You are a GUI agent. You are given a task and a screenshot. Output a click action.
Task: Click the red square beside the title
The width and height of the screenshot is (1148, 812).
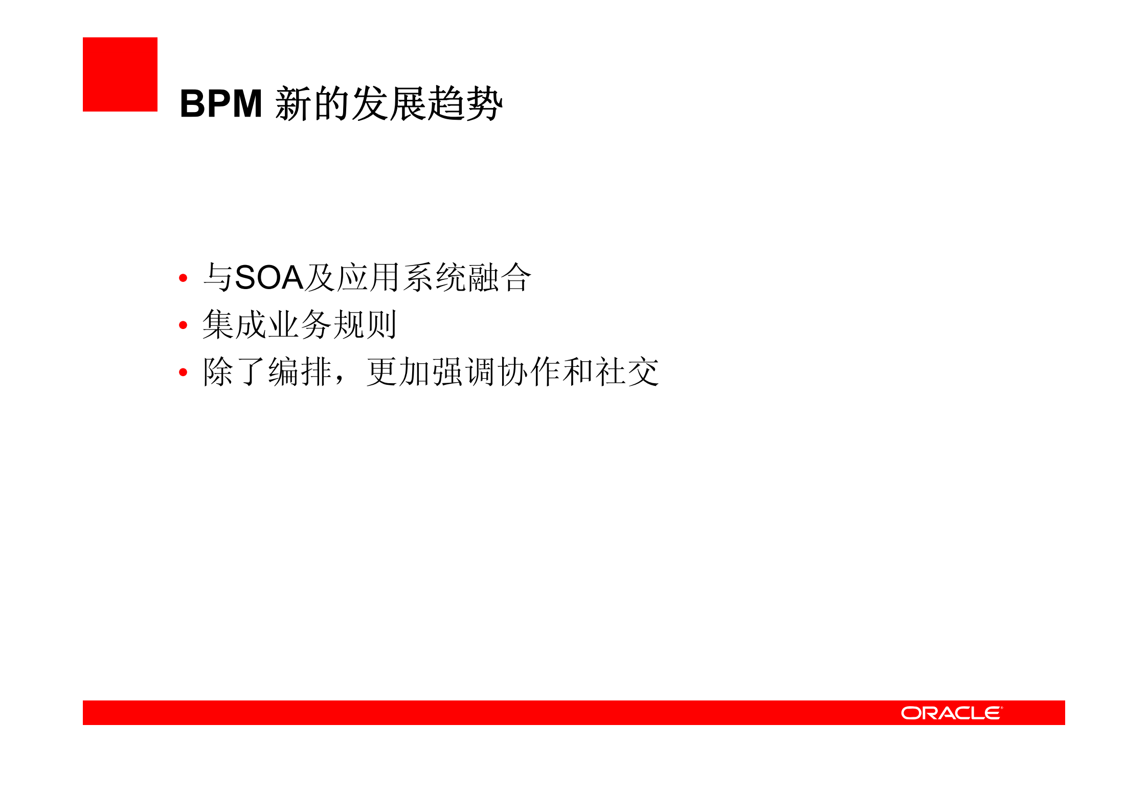pos(120,74)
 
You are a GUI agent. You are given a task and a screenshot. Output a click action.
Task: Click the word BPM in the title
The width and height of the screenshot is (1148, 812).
pos(221,104)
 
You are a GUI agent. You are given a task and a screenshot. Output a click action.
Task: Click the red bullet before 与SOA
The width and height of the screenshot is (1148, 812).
pos(183,278)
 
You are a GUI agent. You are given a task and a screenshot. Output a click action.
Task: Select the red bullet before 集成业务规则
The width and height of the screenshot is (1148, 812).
pos(183,325)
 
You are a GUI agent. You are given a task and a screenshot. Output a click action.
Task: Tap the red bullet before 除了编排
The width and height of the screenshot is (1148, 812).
pos(183,372)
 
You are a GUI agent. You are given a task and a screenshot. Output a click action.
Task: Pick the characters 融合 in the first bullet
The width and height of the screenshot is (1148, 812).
pos(500,278)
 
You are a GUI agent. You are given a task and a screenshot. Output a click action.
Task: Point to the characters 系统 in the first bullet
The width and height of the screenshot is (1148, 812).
pos(434,278)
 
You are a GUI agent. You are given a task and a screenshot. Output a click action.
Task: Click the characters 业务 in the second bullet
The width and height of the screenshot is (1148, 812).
pos(300,325)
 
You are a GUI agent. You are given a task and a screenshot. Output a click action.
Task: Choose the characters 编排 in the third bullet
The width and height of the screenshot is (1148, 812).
pos(300,372)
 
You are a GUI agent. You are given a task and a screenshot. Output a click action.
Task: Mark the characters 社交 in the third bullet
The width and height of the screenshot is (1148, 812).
pos(627,372)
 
